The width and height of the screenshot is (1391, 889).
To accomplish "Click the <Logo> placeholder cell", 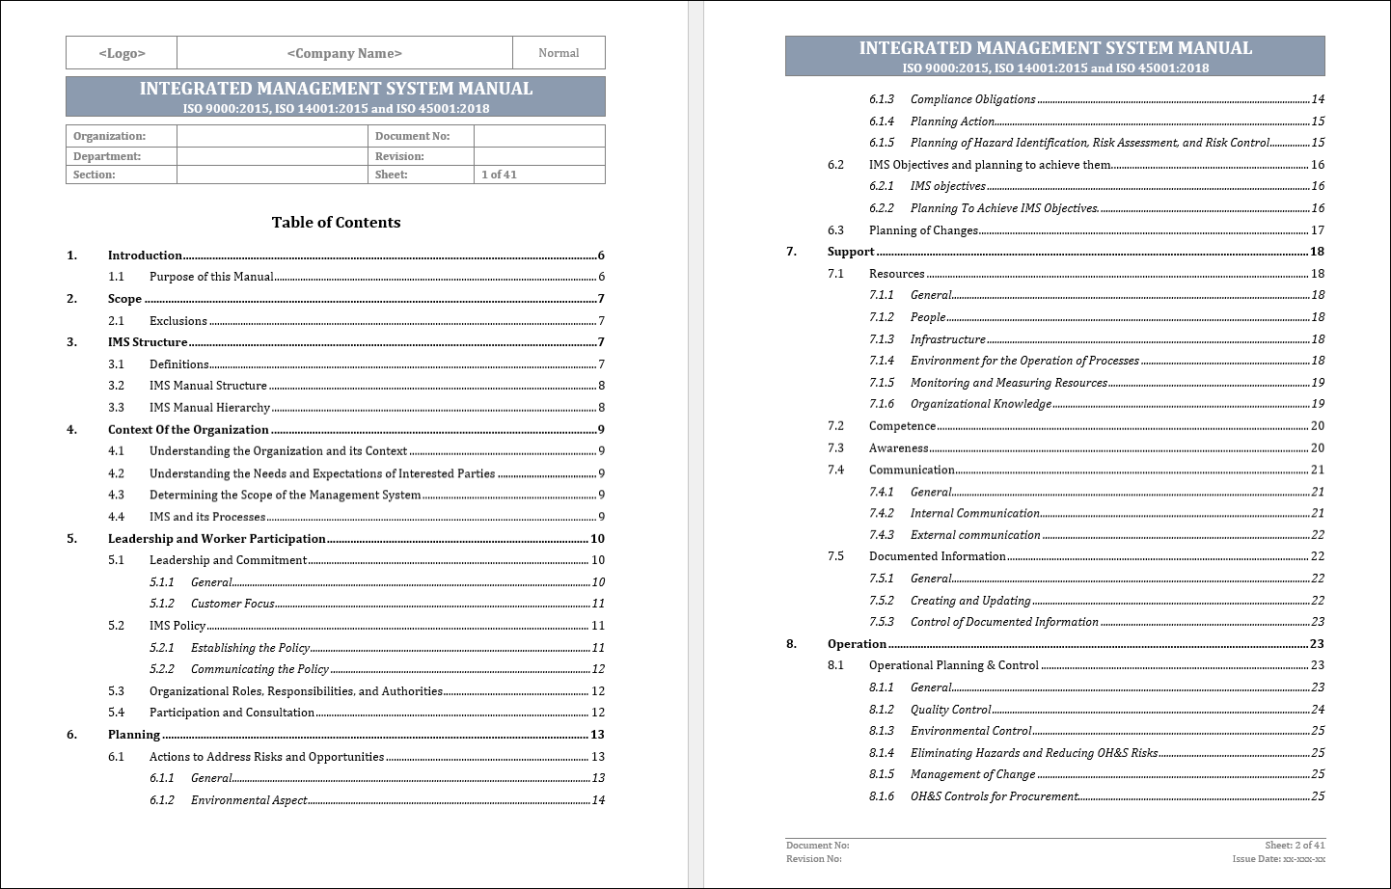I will pyautogui.click(x=122, y=53).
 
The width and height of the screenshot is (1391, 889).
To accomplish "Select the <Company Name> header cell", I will pyautogui.click(x=344, y=53).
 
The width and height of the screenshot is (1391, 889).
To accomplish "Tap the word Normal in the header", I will pyautogui.click(x=559, y=53).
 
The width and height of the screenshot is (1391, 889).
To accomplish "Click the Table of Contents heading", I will pyautogui.click(x=336, y=223).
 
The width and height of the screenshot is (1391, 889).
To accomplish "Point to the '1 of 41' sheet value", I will pyautogui.click(x=499, y=175).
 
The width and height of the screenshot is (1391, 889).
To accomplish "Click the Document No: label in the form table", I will pyautogui.click(x=412, y=136).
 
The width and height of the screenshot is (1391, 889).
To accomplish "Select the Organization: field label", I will pyautogui.click(x=109, y=136).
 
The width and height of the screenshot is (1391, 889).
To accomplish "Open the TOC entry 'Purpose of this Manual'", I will pyautogui.click(x=211, y=277).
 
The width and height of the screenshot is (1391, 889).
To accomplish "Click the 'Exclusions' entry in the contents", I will pyautogui.click(x=178, y=321).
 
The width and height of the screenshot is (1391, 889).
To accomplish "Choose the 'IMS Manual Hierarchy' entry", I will pyautogui.click(x=209, y=408).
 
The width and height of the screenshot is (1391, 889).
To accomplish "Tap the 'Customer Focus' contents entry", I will pyautogui.click(x=232, y=604).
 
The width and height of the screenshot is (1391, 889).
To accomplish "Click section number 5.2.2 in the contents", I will pyautogui.click(x=162, y=669).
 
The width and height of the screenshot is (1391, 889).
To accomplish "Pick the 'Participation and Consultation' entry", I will pyautogui.click(x=232, y=713).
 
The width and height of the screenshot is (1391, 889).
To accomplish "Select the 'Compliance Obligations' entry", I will pyautogui.click(x=972, y=99).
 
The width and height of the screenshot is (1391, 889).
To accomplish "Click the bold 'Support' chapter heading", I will pyautogui.click(x=851, y=252).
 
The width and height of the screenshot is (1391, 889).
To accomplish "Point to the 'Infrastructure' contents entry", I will pyautogui.click(x=947, y=339).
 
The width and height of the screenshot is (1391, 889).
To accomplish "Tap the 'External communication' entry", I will pyautogui.click(x=975, y=535).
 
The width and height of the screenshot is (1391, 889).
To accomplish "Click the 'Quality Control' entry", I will pyautogui.click(x=950, y=710).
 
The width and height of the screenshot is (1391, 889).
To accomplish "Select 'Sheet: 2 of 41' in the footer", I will pyautogui.click(x=1295, y=845).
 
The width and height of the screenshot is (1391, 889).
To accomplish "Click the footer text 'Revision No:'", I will pyautogui.click(x=813, y=858).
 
